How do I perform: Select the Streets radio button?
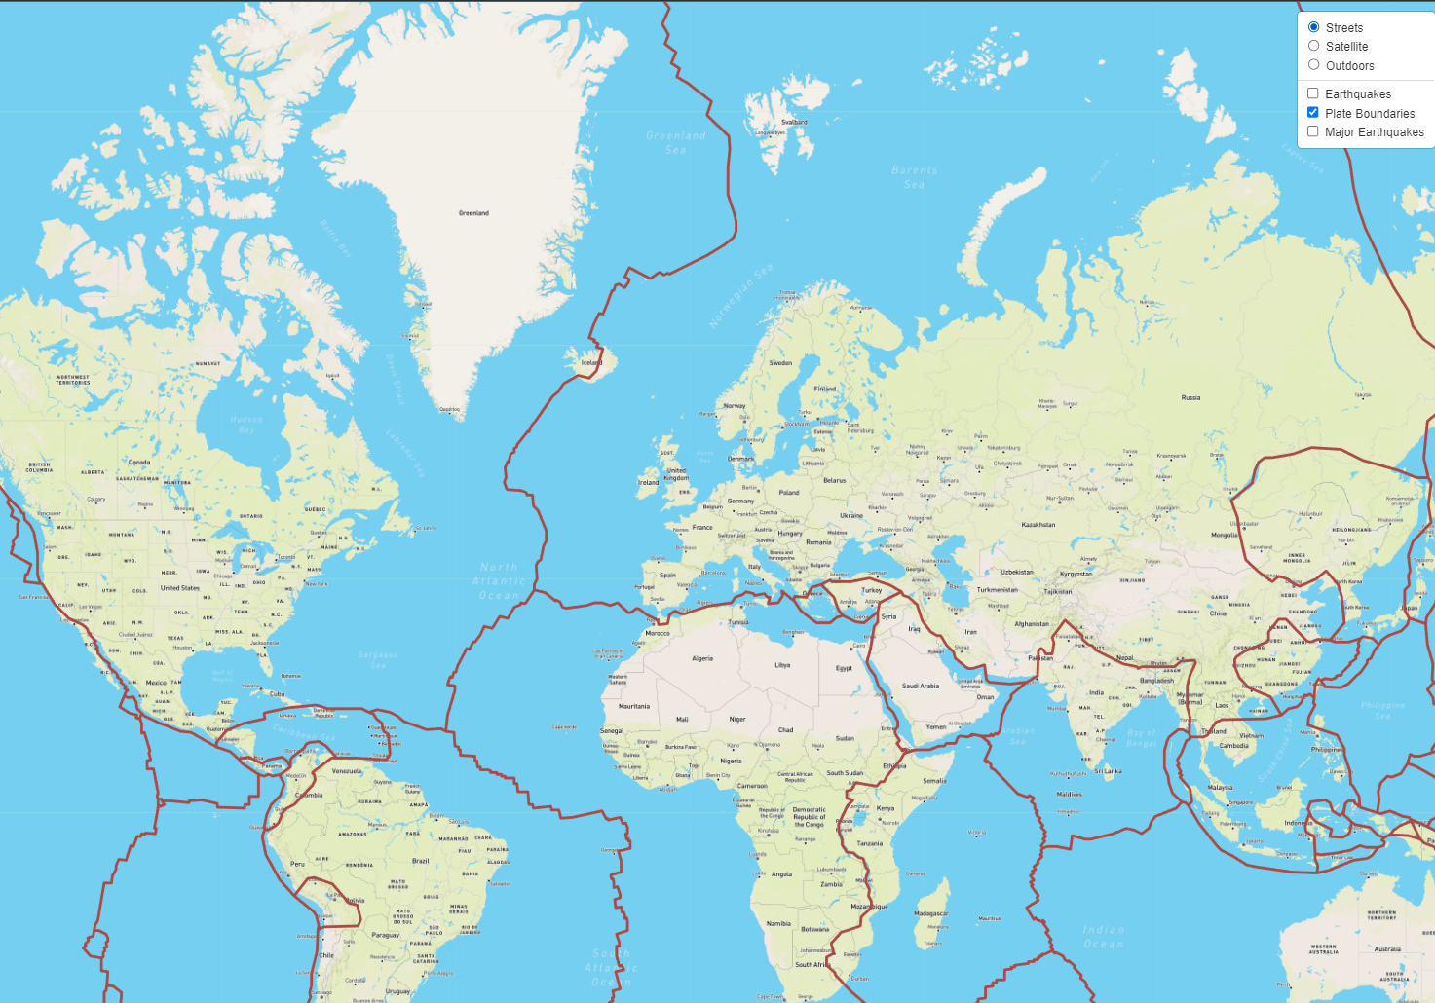[1314, 27]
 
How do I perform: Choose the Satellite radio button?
[1314, 46]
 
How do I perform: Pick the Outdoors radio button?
[1314, 65]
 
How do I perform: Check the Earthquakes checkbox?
[1313, 93]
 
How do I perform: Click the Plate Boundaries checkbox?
[1313, 113]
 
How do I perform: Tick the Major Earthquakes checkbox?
[1313, 131]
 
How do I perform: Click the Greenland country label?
[473, 213]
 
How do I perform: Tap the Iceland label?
[591, 363]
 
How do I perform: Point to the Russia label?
[1190, 397]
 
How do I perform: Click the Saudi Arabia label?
[921, 686]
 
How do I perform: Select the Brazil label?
[421, 861]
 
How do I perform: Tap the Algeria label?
[702, 658]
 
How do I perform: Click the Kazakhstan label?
[1038, 525]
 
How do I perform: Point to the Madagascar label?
[930, 913]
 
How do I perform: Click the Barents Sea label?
[914, 177]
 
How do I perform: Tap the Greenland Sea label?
[676, 142]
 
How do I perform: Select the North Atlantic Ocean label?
[499, 581]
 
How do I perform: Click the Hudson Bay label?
[246, 425]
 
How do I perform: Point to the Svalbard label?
[795, 122]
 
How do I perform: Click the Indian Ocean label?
[1103, 937]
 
